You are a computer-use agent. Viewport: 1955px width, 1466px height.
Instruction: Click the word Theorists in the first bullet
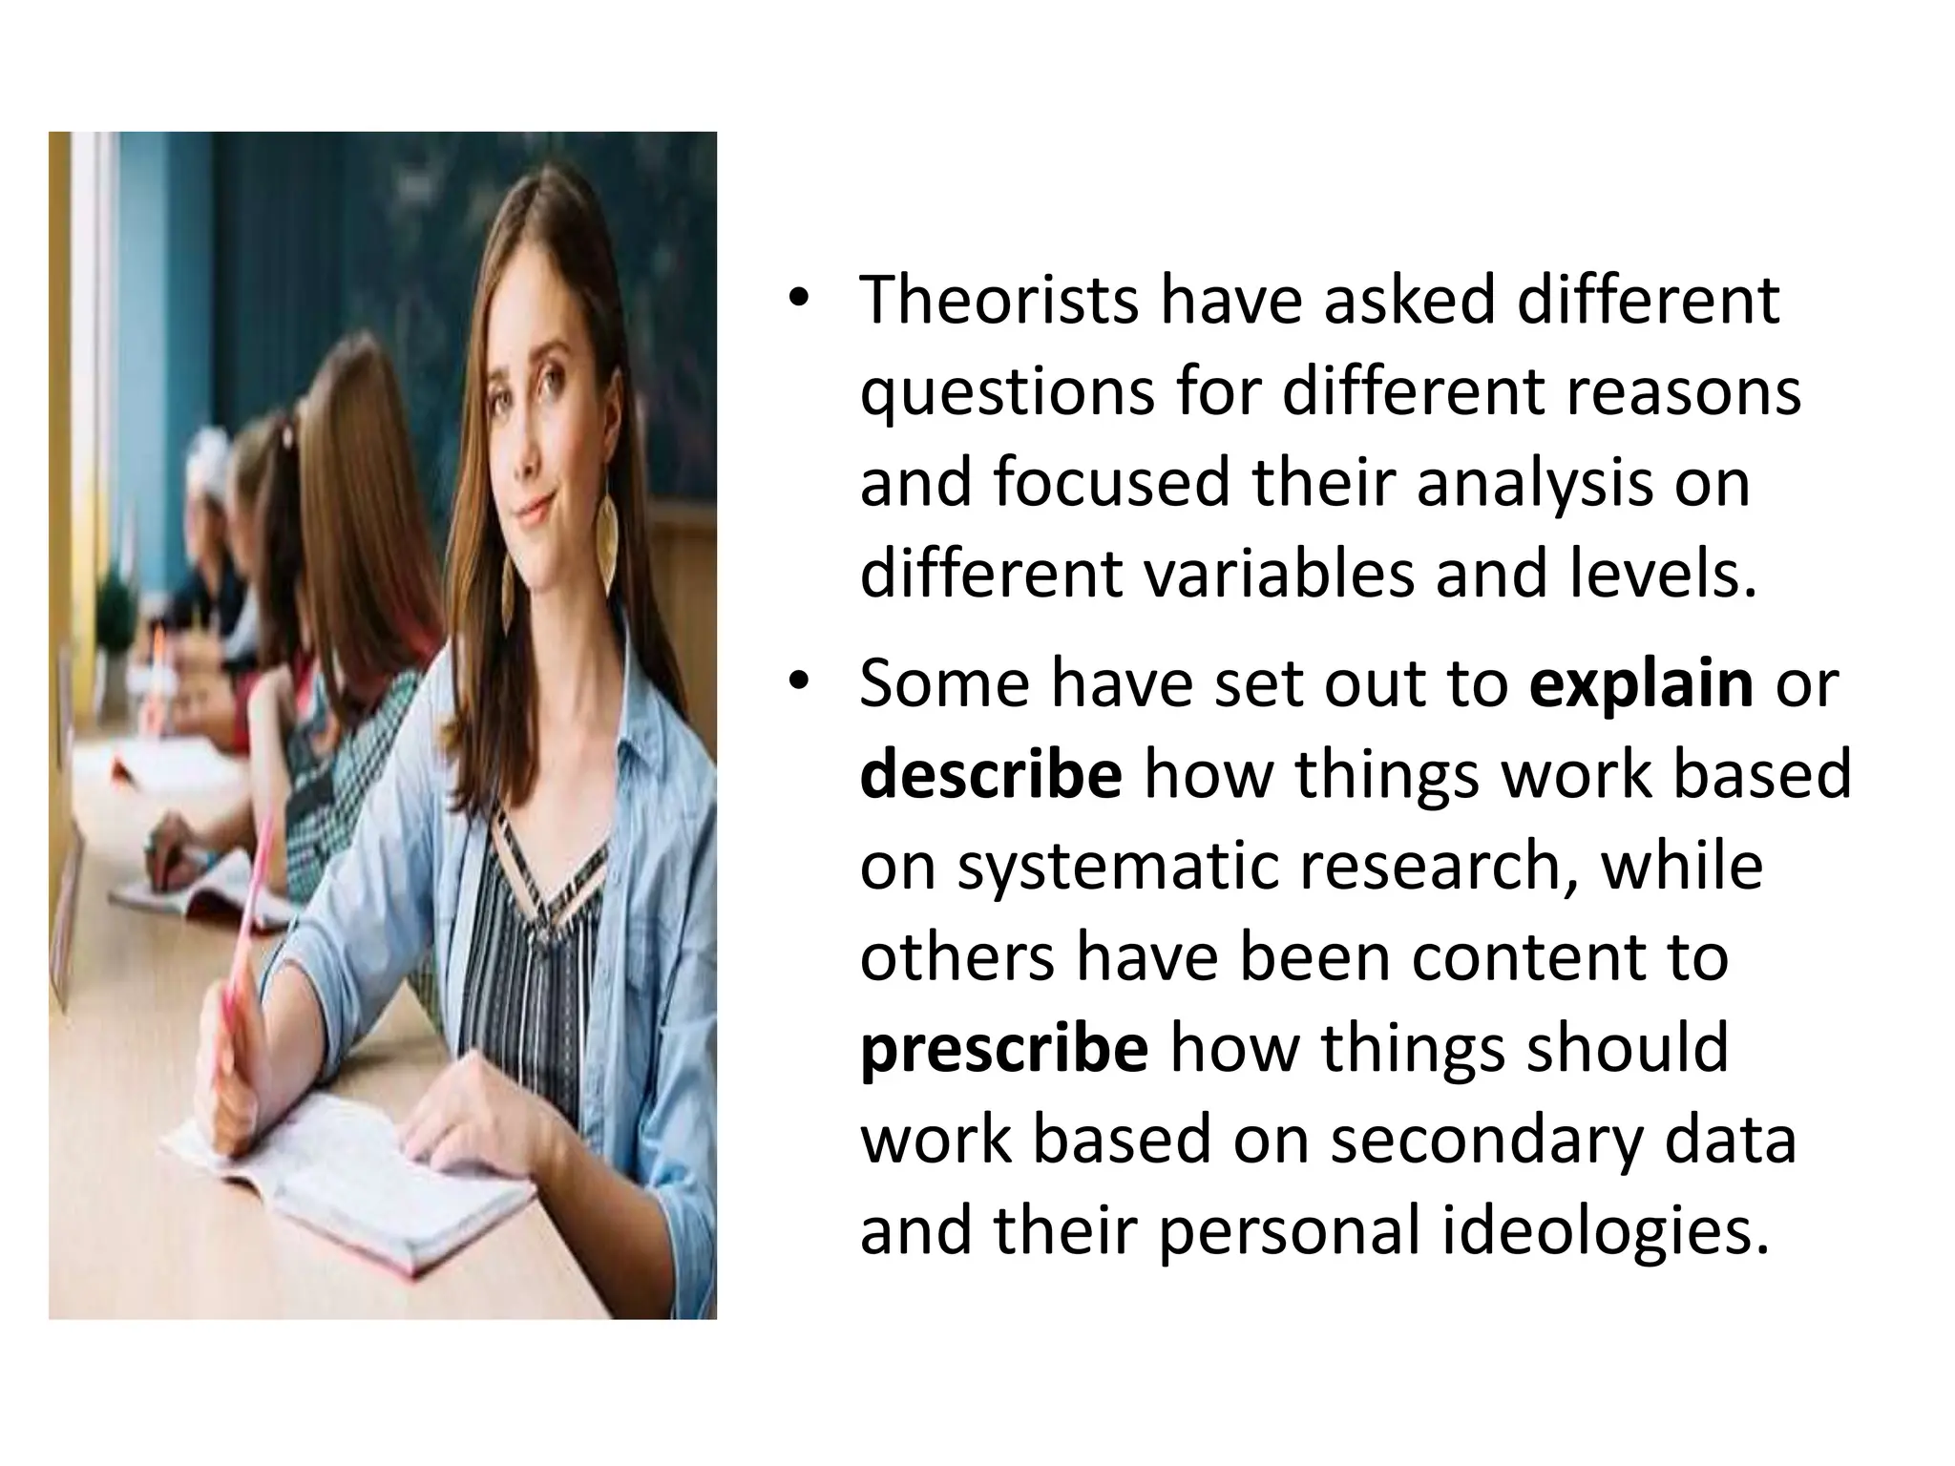[999, 301]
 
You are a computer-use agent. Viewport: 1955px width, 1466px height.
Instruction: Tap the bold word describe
[991, 775]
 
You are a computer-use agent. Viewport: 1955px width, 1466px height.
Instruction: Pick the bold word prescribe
[1004, 1050]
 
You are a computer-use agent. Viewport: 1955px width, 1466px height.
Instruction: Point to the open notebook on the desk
[353, 1183]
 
